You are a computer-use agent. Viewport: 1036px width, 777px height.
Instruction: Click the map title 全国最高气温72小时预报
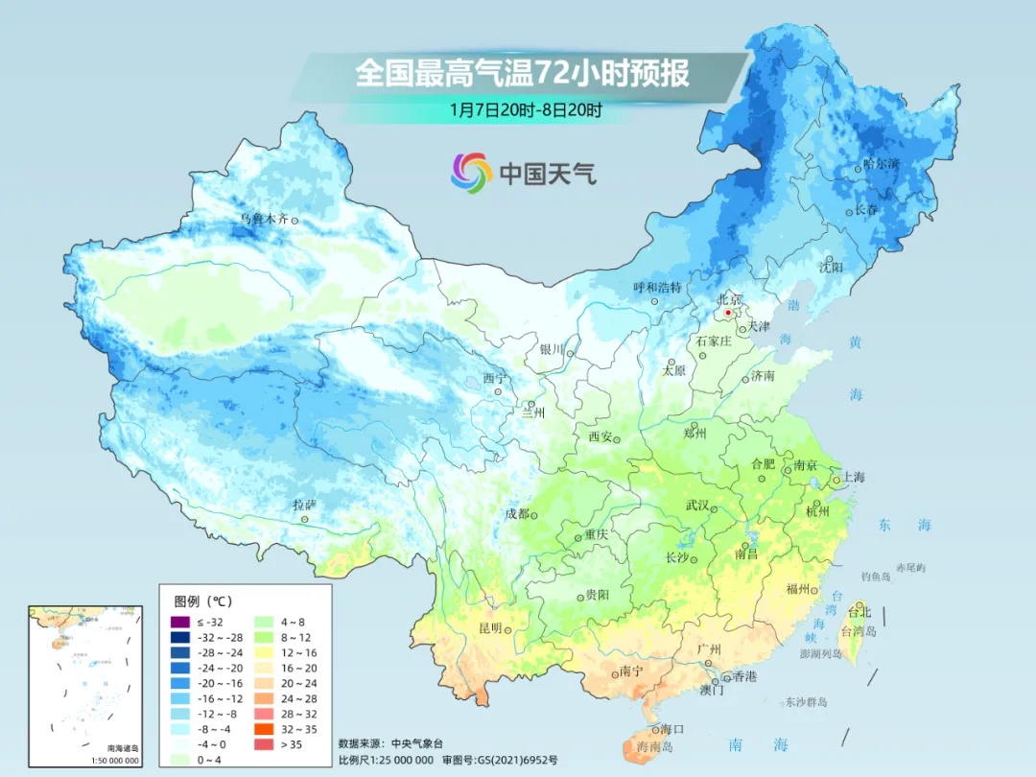click(522, 74)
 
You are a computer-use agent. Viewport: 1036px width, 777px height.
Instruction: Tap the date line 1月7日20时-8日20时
click(525, 110)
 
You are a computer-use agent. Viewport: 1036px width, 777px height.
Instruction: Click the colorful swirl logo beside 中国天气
click(471, 172)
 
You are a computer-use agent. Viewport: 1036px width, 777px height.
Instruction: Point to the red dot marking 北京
click(728, 313)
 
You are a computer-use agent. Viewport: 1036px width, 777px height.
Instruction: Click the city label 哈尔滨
click(881, 165)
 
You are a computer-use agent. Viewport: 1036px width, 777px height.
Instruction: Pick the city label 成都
click(517, 513)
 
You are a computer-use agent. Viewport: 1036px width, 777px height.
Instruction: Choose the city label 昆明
click(489, 628)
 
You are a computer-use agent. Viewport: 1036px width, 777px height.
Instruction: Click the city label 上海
click(853, 478)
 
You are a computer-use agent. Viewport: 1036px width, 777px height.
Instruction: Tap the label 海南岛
click(656, 746)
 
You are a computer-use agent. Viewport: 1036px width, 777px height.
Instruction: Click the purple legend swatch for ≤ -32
click(178, 622)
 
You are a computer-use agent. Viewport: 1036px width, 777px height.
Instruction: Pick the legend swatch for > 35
click(261, 743)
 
